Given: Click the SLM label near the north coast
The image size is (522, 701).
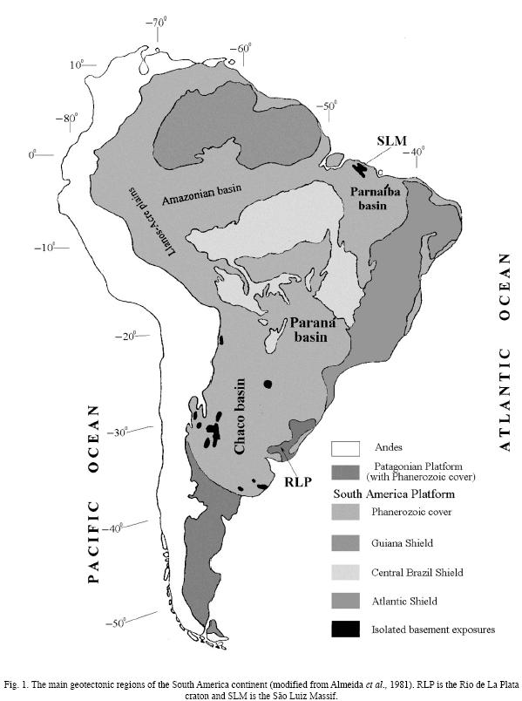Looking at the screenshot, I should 391,140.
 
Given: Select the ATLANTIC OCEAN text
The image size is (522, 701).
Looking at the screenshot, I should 503,353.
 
